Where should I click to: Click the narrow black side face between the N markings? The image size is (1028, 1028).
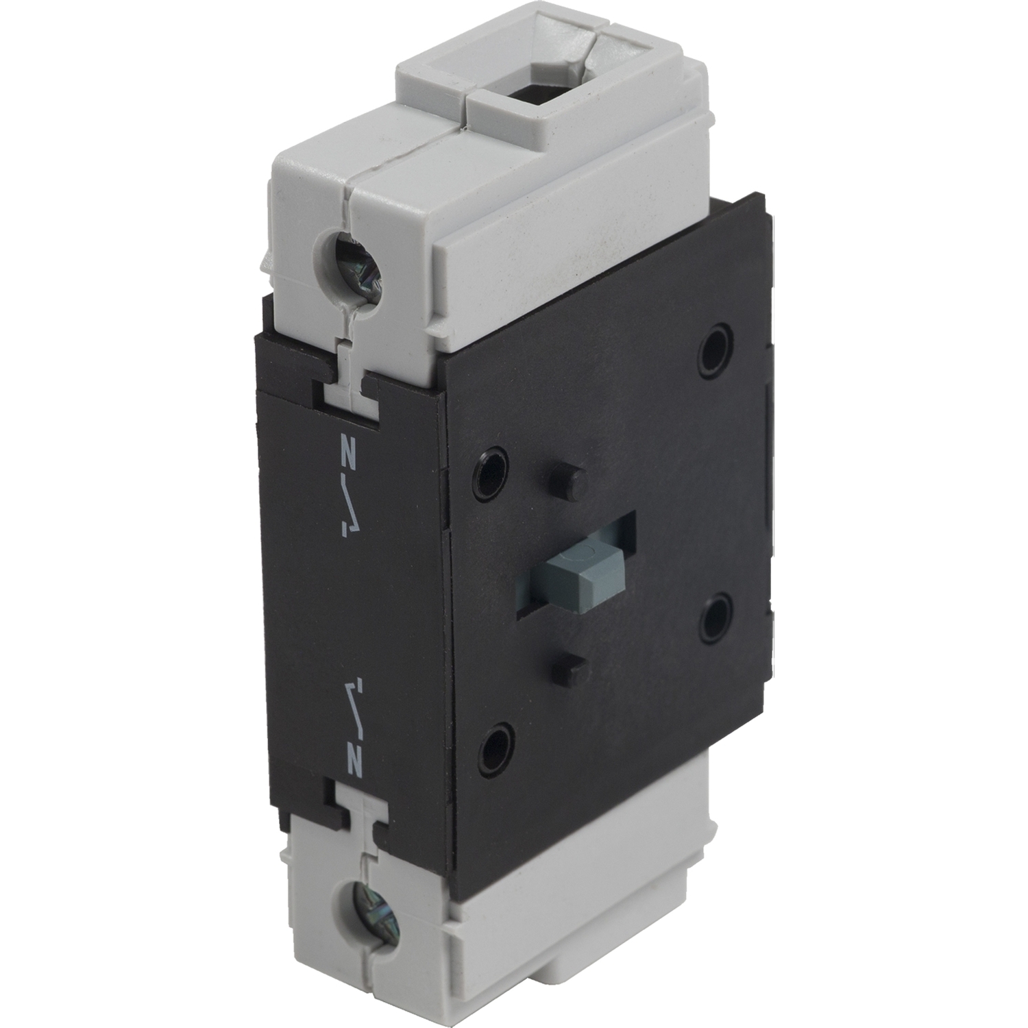coord(350,603)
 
